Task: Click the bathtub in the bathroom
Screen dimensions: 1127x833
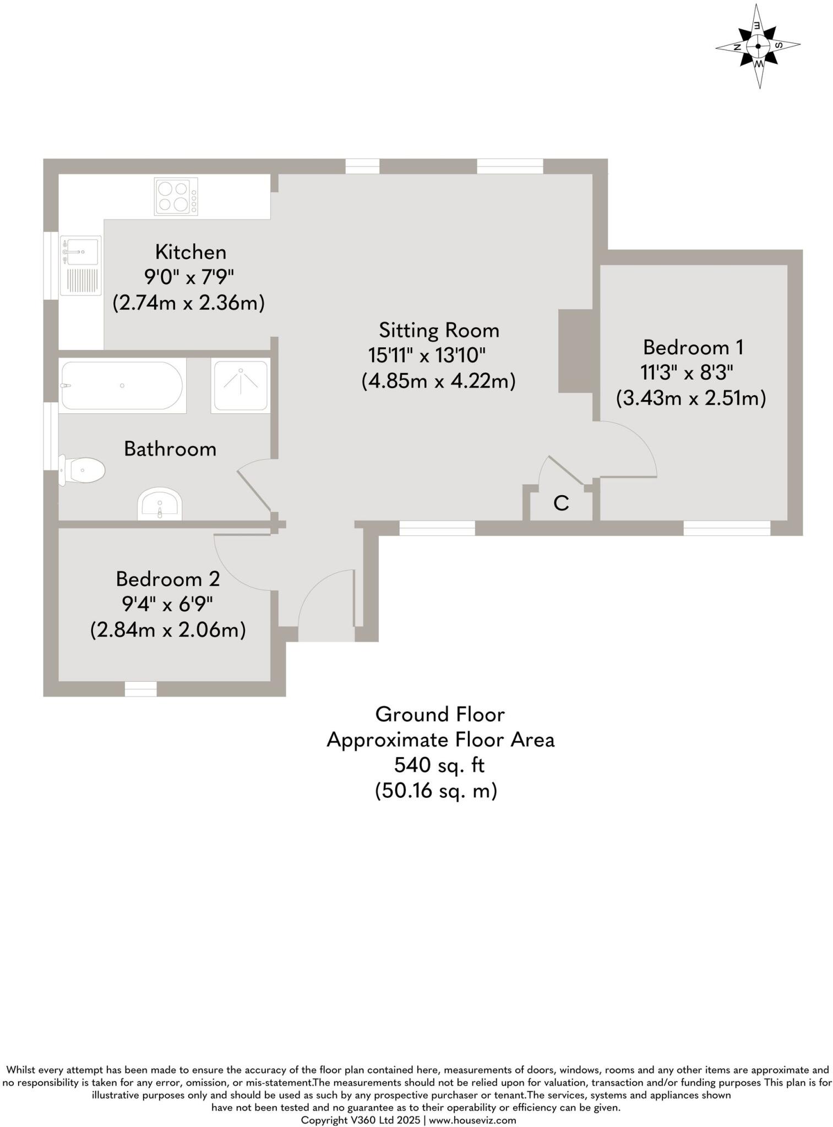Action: pos(122,386)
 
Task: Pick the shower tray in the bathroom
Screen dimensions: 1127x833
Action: pos(241,386)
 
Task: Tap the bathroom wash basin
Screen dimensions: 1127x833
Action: pos(160,503)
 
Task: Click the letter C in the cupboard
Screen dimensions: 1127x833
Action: pos(561,503)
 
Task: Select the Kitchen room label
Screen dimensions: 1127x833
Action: pos(190,252)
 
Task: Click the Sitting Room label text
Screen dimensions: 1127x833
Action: pos(439,330)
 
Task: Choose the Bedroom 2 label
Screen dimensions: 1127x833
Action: pos(168,579)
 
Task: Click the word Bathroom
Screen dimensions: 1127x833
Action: pos(170,449)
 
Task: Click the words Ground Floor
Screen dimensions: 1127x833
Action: pos(440,715)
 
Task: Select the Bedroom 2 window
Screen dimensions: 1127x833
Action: pos(141,689)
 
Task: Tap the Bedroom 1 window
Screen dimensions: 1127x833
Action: pos(727,528)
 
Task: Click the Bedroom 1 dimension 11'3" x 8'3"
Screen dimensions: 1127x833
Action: pos(687,373)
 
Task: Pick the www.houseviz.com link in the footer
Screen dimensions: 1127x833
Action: pos(472,1120)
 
